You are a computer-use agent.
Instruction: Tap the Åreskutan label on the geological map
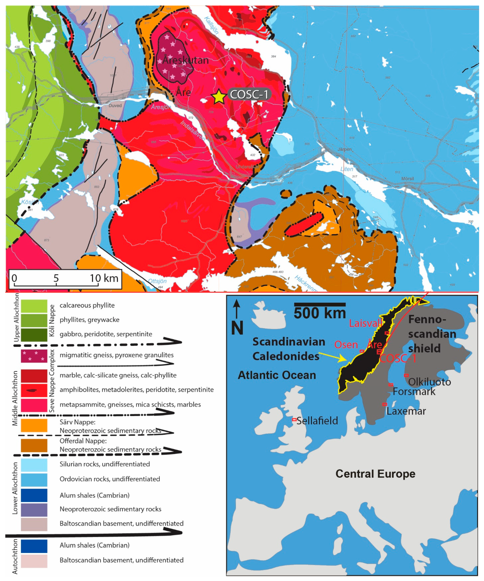pyautogui.click(x=185, y=60)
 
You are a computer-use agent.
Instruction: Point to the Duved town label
pyautogui.click(x=115, y=106)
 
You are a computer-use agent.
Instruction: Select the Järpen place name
pyautogui.click(x=345, y=149)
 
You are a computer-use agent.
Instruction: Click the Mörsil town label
pyautogui.click(x=407, y=178)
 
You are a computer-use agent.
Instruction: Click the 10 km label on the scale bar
pyautogui.click(x=104, y=278)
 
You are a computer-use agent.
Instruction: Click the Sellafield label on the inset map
pyautogui.click(x=317, y=421)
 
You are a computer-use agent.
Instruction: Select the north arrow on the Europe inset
pyautogui.click(x=236, y=310)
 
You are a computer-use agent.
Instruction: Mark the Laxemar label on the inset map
pyautogui.click(x=406, y=411)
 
